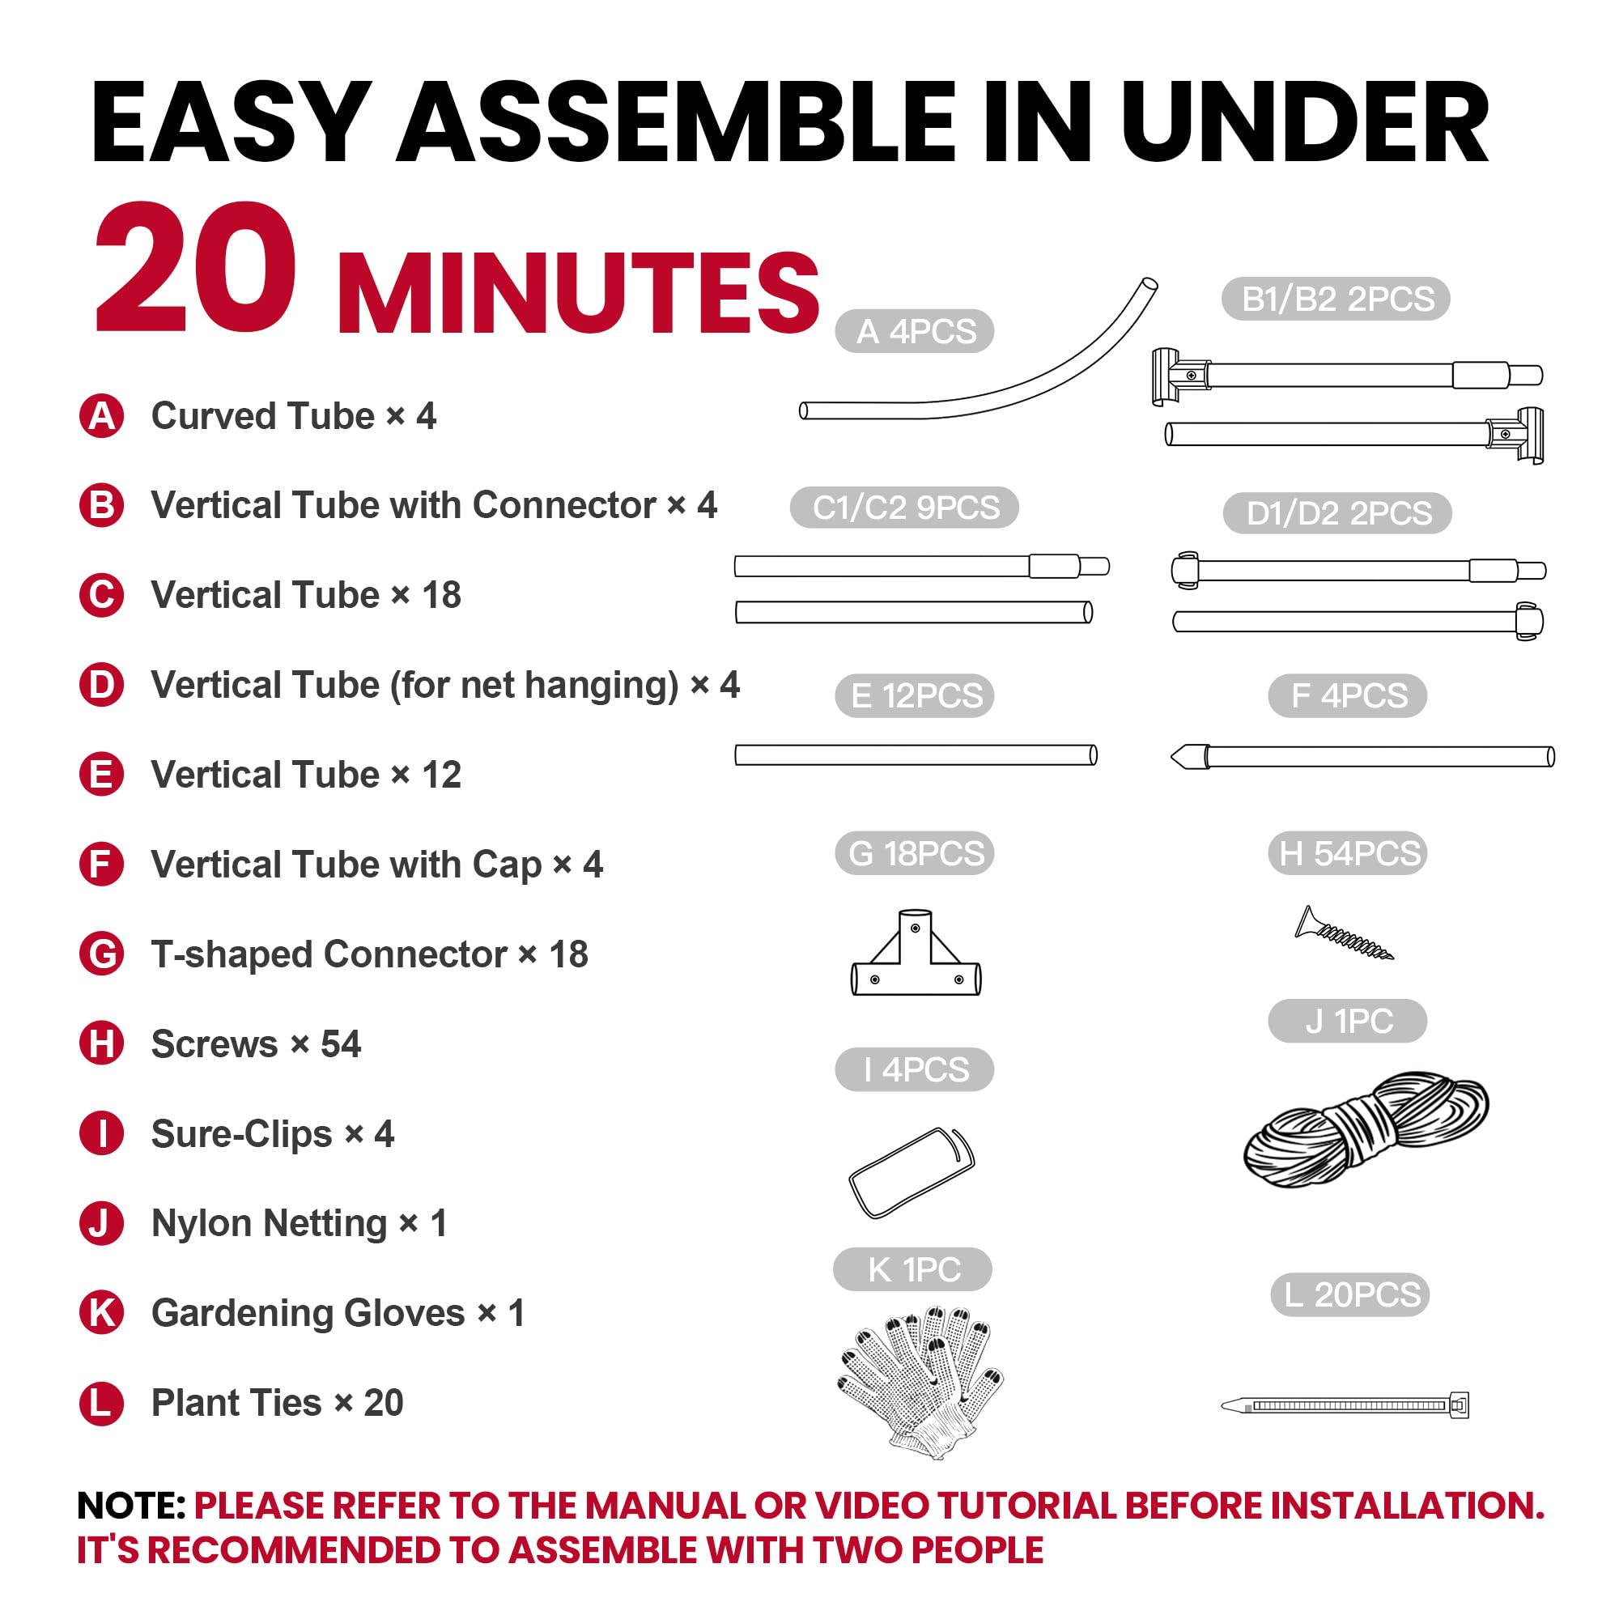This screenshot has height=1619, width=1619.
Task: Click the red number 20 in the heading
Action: (x=196, y=267)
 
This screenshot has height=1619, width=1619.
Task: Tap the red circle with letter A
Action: (x=101, y=415)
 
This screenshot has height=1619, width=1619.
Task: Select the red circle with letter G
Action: (x=101, y=954)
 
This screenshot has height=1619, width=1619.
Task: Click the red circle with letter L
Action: (x=101, y=1403)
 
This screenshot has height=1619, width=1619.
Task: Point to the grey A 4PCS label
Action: (x=914, y=331)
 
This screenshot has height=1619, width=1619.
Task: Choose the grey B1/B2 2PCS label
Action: (x=1336, y=299)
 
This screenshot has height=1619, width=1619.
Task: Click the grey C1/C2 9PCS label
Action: (x=904, y=507)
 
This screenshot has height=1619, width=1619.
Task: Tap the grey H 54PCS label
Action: (x=1348, y=853)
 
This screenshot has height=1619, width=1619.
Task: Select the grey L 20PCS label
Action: (x=1350, y=1294)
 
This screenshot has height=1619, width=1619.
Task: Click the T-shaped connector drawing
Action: (x=915, y=953)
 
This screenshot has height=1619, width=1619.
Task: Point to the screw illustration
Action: (x=1343, y=933)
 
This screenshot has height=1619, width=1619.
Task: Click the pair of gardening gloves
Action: (x=922, y=1380)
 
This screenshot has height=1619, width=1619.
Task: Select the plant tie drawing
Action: (x=1345, y=1404)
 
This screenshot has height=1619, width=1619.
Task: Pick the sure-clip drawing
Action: (x=911, y=1171)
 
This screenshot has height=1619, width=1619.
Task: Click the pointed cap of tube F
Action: (x=1189, y=757)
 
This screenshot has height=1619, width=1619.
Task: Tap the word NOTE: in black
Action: (x=130, y=1506)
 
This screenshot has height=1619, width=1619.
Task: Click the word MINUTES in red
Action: (x=578, y=292)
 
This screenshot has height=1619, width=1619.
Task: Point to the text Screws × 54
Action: (x=256, y=1044)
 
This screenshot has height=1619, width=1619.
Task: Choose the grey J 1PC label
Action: (x=1348, y=1021)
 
